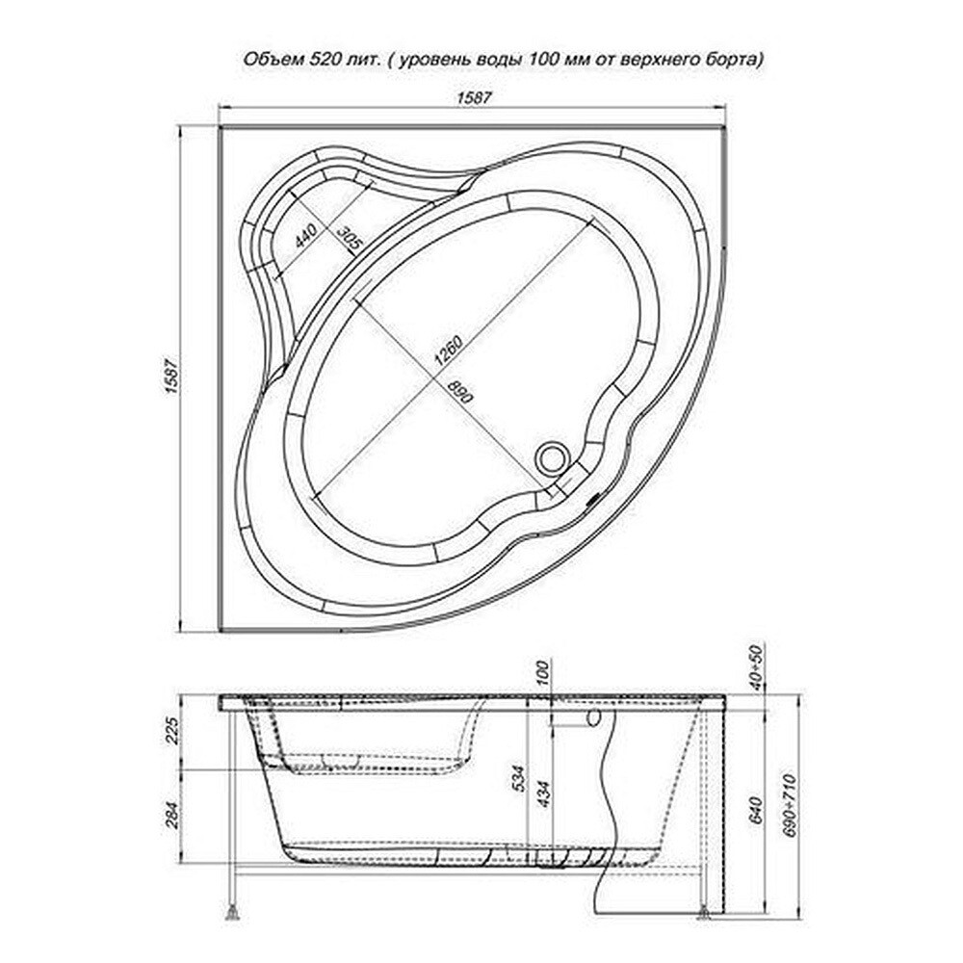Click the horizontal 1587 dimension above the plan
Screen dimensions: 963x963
pos(475,97)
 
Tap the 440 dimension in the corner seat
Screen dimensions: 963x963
pos(305,236)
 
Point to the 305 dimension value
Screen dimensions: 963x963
pos(350,238)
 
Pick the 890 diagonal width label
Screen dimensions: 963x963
pos(460,391)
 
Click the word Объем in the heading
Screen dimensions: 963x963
pos(266,60)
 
